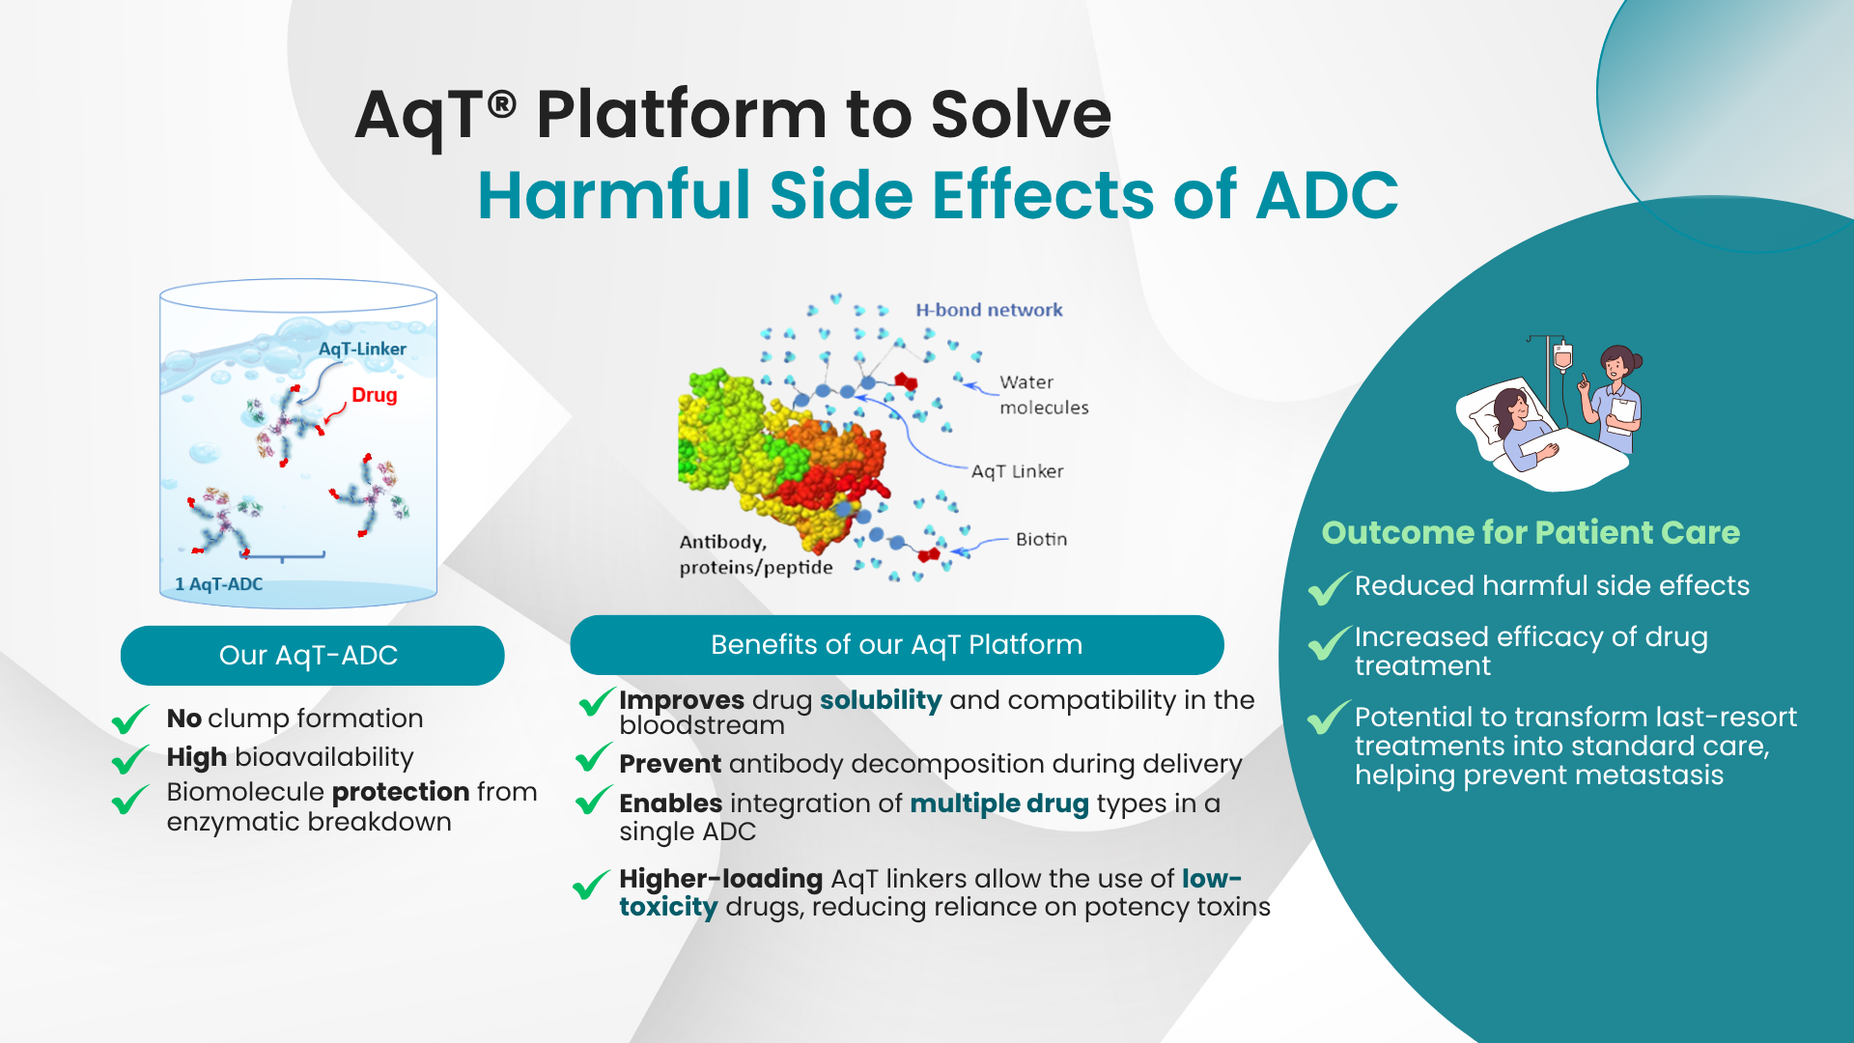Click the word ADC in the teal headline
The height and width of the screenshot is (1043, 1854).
(1328, 194)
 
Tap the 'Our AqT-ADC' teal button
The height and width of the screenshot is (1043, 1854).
(312, 655)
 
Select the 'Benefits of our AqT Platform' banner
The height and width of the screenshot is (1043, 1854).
(897, 644)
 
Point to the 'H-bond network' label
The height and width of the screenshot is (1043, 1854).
(989, 310)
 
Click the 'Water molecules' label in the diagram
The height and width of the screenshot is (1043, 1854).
(1044, 395)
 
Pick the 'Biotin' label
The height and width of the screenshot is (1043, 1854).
(1041, 539)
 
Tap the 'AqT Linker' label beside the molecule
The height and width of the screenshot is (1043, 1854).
(1017, 471)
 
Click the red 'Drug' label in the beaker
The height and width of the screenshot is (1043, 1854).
(375, 395)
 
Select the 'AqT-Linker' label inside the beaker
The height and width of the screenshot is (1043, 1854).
(362, 349)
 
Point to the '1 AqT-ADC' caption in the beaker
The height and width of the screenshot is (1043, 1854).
(218, 584)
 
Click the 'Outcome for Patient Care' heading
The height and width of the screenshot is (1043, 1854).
(1531, 532)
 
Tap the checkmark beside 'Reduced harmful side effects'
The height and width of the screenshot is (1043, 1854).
(1329, 587)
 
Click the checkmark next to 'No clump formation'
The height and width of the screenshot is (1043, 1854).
(130, 719)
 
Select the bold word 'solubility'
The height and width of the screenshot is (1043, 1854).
(881, 700)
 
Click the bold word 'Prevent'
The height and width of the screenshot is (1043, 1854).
(670, 764)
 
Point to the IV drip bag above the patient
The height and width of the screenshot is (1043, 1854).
(1562, 357)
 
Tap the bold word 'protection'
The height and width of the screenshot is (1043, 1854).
(401, 792)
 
